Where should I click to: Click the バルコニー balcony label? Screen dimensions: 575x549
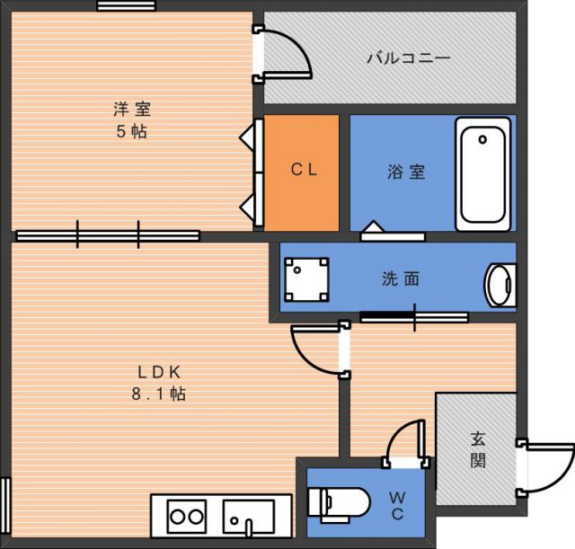coord(409,58)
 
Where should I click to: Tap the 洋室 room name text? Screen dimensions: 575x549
coord(132,109)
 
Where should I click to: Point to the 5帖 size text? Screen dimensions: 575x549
coord(132,131)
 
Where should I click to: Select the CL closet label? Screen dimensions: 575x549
coord(304,170)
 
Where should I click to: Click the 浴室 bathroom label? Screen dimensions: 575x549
coord(407,172)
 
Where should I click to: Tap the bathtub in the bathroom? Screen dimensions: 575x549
coord(483,174)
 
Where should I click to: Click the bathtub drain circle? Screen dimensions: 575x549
coord(482,139)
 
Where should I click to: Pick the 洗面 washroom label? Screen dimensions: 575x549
coord(401,279)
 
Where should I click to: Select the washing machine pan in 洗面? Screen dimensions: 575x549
coord(306,279)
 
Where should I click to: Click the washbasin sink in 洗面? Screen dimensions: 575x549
coord(500,285)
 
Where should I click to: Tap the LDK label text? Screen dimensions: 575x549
coord(159,372)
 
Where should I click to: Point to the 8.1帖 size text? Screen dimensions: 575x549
coord(159,394)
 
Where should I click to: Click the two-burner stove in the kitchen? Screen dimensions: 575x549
coord(187,517)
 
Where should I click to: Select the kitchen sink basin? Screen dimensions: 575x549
coord(249,517)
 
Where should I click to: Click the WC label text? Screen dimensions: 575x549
coord(397,506)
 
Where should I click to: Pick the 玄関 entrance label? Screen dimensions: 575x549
coord(478,449)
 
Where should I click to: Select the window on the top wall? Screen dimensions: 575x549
coord(126,6)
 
